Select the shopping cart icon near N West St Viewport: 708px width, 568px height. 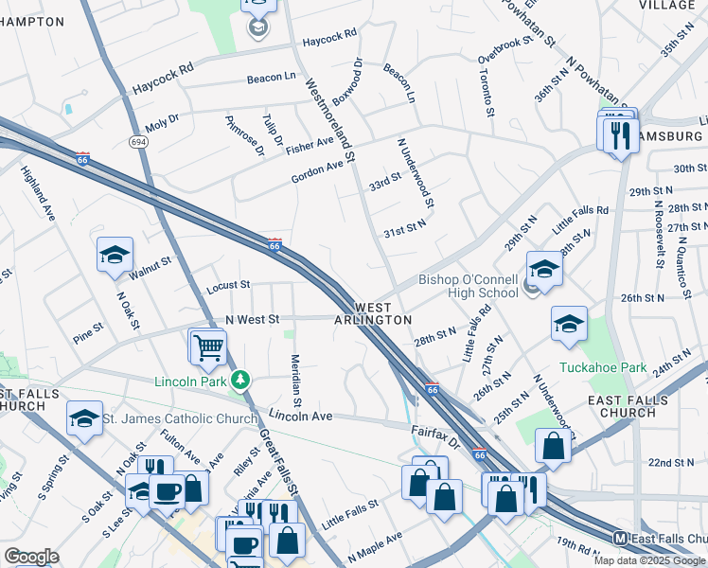(207, 346)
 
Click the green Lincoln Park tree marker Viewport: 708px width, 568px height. (241, 381)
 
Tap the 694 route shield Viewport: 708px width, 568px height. (138, 141)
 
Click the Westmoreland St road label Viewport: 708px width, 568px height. (330, 118)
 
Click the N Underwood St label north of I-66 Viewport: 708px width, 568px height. (416, 171)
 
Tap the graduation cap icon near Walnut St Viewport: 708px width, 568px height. (115, 254)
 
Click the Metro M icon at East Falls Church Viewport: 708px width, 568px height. (620, 538)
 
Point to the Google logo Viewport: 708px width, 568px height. (31, 557)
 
